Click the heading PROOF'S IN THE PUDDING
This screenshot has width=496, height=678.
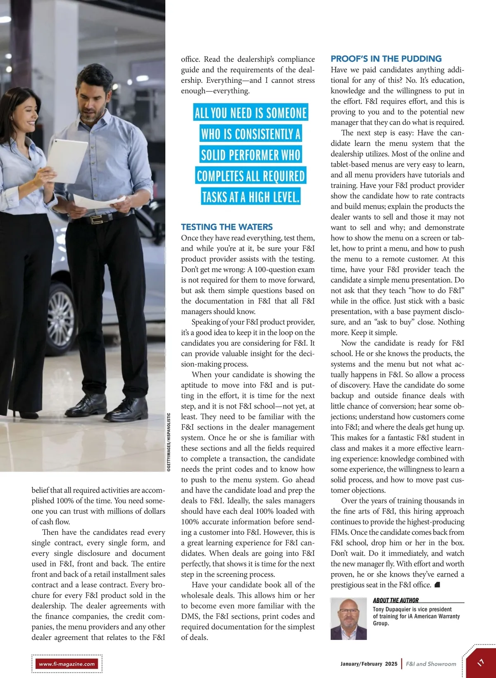[386, 59]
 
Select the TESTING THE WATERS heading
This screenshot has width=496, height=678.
[227, 227]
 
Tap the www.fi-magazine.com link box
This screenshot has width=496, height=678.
[67, 664]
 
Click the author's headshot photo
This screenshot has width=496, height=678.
[348, 619]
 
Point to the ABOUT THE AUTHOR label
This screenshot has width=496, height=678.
[396, 600]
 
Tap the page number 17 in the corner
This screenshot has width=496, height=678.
[481, 663]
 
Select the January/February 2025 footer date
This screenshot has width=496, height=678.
[369, 664]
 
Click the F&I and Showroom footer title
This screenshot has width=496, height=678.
[431, 664]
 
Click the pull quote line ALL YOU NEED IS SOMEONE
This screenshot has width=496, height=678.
[250, 113]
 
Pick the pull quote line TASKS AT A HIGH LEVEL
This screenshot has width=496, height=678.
[250, 197]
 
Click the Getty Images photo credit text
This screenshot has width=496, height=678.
[169, 442]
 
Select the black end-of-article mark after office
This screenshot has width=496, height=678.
[438, 585]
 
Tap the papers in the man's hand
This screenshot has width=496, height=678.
[99, 202]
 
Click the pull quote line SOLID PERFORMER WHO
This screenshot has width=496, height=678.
[250, 155]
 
